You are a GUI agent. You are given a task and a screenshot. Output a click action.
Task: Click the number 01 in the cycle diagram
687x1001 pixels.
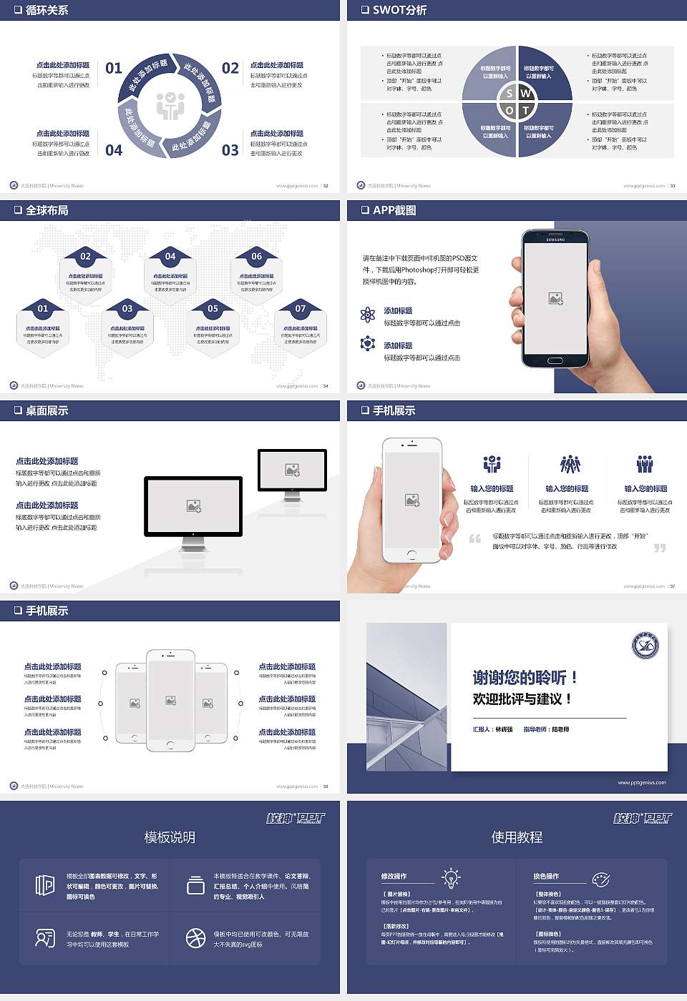coord(114,68)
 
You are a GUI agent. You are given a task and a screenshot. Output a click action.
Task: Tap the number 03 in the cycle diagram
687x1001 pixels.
coord(230,150)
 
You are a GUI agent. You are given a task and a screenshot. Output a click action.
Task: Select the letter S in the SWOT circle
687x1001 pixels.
coord(509,94)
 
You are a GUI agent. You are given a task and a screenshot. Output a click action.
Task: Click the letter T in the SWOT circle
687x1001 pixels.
coord(525,110)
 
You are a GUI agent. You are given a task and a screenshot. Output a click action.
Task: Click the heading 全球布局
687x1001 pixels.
coord(47,210)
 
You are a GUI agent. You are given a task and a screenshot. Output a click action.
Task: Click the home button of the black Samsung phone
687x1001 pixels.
coord(555,360)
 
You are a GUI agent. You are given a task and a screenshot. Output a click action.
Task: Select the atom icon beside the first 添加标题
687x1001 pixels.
coord(368,315)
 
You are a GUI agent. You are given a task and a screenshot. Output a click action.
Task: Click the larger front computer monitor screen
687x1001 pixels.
coord(193,506)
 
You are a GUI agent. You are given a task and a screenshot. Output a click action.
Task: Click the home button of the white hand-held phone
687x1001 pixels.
coord(411,555)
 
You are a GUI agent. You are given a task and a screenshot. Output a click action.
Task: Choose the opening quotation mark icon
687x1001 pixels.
coord(475,538)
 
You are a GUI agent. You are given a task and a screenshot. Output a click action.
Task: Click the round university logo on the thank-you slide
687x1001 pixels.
coord(645,646)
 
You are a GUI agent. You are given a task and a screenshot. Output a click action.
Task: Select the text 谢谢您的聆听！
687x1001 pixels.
coord(525,677)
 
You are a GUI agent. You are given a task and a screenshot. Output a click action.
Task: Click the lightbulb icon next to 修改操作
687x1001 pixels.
coord(451,877)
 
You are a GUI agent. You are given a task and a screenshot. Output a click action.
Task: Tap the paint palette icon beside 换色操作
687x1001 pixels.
coord(601,879)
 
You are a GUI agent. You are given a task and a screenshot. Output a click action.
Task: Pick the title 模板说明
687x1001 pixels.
coord(170,837)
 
